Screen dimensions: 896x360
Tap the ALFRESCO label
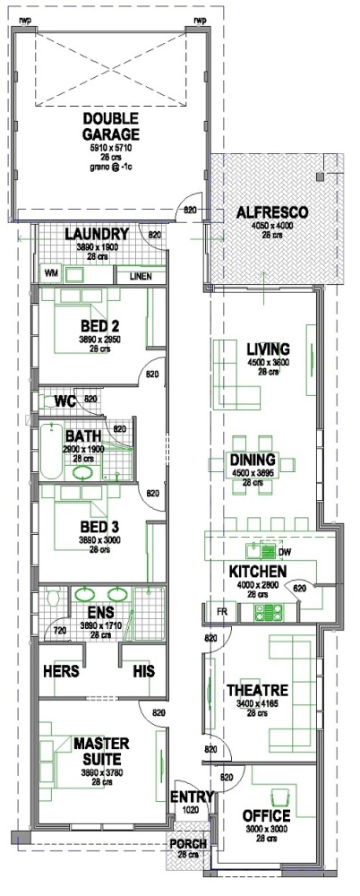[272, 212]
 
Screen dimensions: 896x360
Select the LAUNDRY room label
[98, 235]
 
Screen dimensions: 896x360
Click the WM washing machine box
[50, 272]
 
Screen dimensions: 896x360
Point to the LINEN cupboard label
[140, 276]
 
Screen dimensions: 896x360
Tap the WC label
[64, 400]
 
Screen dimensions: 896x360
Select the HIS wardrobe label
[143, 671]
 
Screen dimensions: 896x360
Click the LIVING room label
[269, 349]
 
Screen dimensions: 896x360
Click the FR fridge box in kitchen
[219, 611]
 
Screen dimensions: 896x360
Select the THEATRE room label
[256, 691]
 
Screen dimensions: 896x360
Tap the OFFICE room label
[266, 816]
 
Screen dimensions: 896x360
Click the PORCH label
[188, 844]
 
